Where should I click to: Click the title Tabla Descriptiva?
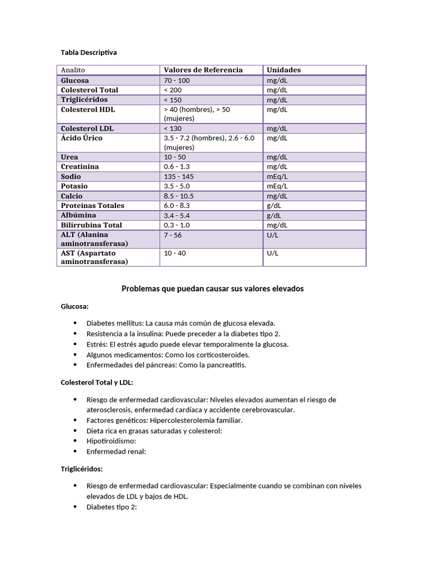point(89,52)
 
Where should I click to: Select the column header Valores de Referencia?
point(203,70)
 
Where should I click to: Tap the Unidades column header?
point(283,70)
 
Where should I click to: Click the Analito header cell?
point(73,70)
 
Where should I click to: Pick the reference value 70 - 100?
point(177,80)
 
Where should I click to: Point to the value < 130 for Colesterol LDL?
point(173,128)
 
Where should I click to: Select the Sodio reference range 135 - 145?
point(179,176)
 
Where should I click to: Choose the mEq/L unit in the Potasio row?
point(277,186)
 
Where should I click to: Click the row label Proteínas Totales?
point(93,206)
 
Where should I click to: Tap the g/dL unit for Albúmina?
point(275,215)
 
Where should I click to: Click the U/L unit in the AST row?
point(272,253)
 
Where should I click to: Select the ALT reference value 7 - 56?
point(173,235)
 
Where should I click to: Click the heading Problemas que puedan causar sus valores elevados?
point(212,289)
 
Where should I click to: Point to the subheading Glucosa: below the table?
point(75,306)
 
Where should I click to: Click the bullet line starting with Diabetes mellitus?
point(181,323)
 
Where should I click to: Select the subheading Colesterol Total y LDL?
point(97,383)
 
